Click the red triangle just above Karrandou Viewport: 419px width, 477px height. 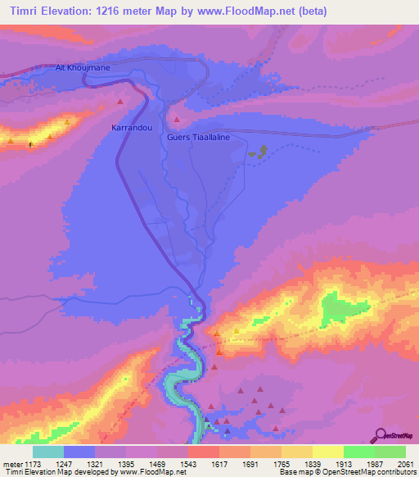click(x=120, y=102)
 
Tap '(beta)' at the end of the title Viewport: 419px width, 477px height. click(x=331, y=11)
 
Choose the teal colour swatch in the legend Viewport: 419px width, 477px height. click(x=48, y=452)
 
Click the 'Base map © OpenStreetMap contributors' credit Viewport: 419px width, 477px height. click(x=346, y=472)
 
